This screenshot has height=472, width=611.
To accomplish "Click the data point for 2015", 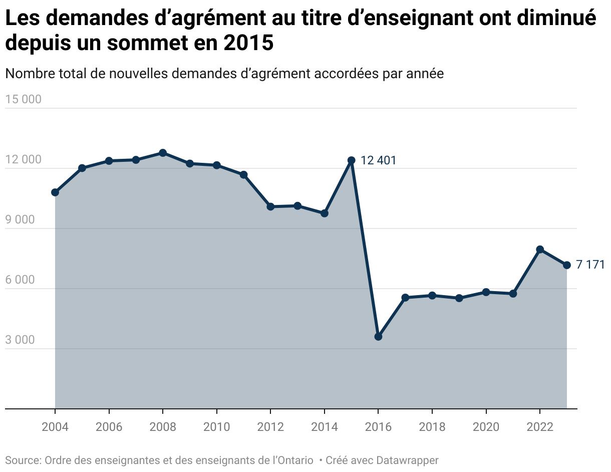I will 351,160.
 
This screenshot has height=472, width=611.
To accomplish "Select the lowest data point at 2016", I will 378,337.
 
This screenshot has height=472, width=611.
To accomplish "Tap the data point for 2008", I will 163,153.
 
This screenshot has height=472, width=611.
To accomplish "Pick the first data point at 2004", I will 55,192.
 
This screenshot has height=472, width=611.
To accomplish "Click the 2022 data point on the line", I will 540,250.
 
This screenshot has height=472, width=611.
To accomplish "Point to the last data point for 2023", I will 567,265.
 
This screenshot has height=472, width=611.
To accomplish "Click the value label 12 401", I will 378,161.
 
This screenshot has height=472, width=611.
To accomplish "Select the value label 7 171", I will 590,265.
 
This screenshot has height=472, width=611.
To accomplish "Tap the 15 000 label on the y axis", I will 23,99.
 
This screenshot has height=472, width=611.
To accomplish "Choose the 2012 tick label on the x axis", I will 270,427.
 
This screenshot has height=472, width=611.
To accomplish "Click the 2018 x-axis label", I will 432,427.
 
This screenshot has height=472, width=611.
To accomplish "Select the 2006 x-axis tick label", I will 109,427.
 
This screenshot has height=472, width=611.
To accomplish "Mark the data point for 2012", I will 270,206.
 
